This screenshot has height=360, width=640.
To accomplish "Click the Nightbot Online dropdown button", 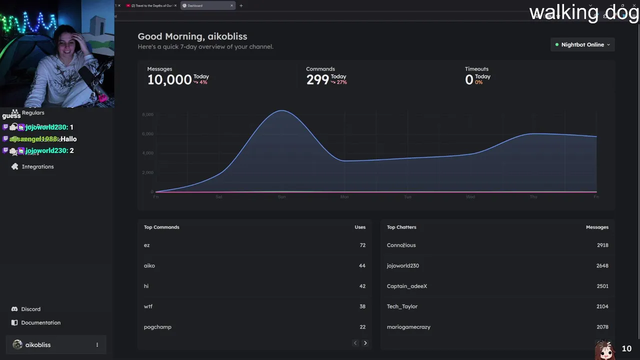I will [582, 44].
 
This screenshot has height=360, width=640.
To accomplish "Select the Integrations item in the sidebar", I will [37, 166].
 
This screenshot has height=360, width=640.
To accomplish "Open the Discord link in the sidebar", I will [30, 309].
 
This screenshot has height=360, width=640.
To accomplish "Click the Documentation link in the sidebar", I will [40, 322].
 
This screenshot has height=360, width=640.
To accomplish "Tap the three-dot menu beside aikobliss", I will [97, 345].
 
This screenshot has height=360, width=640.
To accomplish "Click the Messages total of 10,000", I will [169, 79].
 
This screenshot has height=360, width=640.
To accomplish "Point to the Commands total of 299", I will [317, 79].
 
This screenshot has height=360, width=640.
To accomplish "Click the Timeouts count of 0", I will [469, 79].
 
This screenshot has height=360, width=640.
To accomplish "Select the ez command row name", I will [146, 245].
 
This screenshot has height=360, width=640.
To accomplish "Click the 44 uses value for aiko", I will [362, 265].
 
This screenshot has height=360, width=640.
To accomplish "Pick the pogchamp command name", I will [157, 327].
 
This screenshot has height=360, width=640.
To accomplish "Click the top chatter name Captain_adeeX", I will [406, 286].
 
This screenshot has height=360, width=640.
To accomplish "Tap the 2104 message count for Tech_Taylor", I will [602, 306].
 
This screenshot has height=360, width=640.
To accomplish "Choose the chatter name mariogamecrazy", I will [408, 327].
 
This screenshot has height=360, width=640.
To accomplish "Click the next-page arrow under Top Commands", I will [365, 343].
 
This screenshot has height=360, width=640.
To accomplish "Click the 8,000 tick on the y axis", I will [147, 114].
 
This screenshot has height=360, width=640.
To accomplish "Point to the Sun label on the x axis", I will [281, 197].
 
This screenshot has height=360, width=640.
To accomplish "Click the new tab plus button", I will [241, 5].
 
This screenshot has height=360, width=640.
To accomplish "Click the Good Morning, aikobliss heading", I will [192, 36].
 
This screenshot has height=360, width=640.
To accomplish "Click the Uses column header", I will [360, 227].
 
